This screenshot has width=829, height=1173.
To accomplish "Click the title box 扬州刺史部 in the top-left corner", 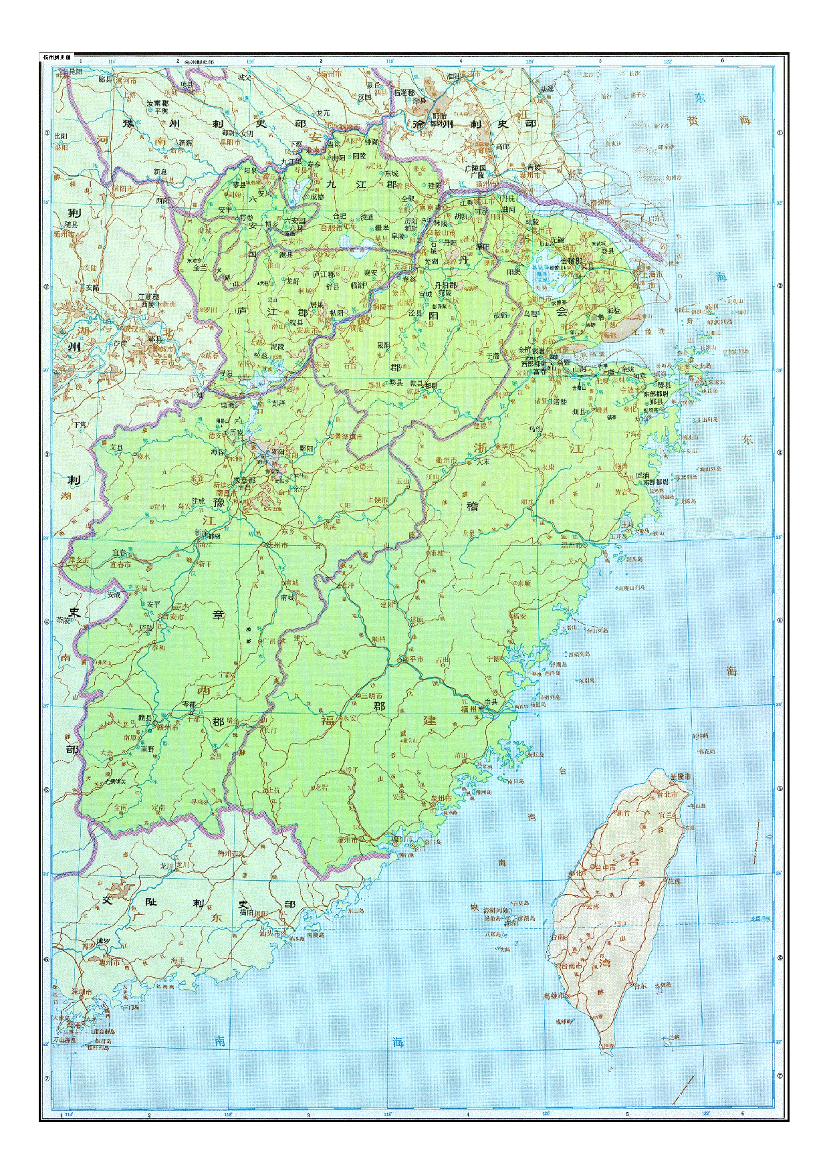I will (57, 58).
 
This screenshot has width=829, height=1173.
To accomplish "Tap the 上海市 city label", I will (651, 274).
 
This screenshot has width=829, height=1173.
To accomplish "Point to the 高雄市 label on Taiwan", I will (556, 995).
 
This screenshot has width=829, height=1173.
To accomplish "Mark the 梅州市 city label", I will (231, 853).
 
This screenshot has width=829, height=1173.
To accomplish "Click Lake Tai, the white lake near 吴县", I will (540, 274).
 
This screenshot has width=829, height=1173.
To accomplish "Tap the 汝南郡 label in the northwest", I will (157, 104).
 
